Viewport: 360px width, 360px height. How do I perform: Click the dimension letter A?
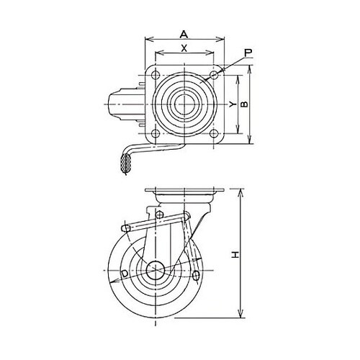(x=184, y=35)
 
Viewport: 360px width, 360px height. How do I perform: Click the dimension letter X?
(x=184, y=48)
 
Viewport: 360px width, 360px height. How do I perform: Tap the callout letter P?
(x=248, y=53)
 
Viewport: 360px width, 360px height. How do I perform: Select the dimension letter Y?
(x=232, y=104)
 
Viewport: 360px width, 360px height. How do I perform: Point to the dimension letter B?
(x=244, y=104)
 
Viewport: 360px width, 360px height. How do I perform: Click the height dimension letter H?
(x=236, y=255)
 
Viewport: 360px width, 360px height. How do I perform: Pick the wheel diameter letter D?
(x=125, y=274)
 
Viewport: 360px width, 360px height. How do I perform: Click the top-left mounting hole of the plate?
(x=156, y=75)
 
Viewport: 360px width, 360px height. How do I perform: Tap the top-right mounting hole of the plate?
(x=213, y=75)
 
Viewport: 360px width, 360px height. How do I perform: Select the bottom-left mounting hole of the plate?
(x=156, y=133)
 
